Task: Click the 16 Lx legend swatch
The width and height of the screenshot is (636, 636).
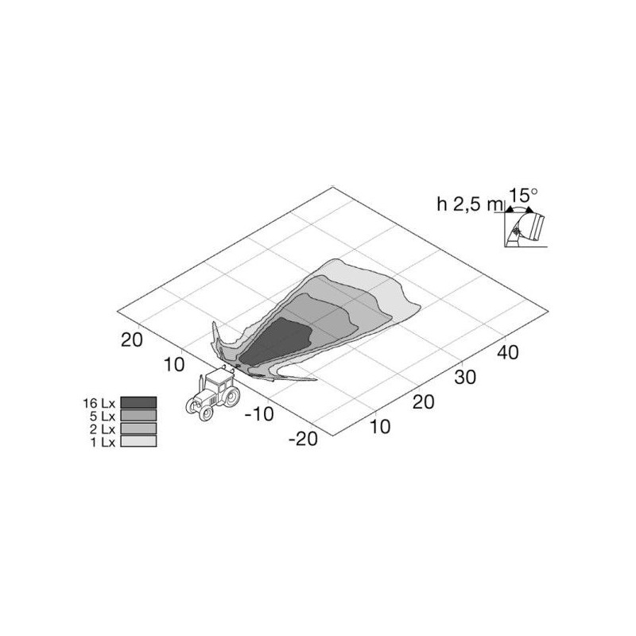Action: pyautogui.click(x=138, y=402)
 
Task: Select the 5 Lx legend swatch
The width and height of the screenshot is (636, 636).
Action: pyautogui.click(x=138, y=415)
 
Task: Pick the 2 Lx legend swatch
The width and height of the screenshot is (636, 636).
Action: pyautogui.click(x=138, y=429)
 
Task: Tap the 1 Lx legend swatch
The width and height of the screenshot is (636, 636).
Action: pyautogui.click(x=138, y=441)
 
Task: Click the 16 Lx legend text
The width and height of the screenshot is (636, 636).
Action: pyautogui.click(x=99, y=403)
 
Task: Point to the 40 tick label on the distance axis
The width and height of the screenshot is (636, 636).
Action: pyautogui.click(x=508, y=352)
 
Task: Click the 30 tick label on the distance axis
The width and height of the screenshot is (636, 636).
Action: pyautogui.click(x=465, y=377)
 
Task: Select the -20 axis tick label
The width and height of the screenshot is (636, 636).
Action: pyautogui.click(x=303, y=439)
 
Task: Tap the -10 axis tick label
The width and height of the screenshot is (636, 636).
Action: pyautogui.click(x=259, y=414)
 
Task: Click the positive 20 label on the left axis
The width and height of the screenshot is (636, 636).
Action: pyautogui.click(x=132, y=339)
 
